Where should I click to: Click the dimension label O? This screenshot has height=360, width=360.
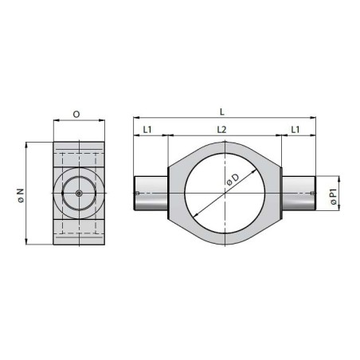click(x=76, y=114)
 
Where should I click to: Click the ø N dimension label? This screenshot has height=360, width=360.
click(x=21, y=196)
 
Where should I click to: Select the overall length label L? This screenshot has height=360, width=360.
click(x=222, y=112)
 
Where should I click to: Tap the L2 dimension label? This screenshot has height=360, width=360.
click(x=221, y=130)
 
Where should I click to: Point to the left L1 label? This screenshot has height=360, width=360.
click(x=147, y=130)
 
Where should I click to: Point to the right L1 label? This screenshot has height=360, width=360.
click(x=295, y=130)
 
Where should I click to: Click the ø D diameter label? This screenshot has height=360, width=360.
click(x=233, y=180)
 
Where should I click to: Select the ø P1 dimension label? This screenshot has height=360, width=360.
click(x=334, y=197)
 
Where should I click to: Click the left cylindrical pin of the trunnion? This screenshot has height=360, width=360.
click(x=151, y=193)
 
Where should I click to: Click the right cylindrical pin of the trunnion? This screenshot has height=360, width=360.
click(x=299, y=193)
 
